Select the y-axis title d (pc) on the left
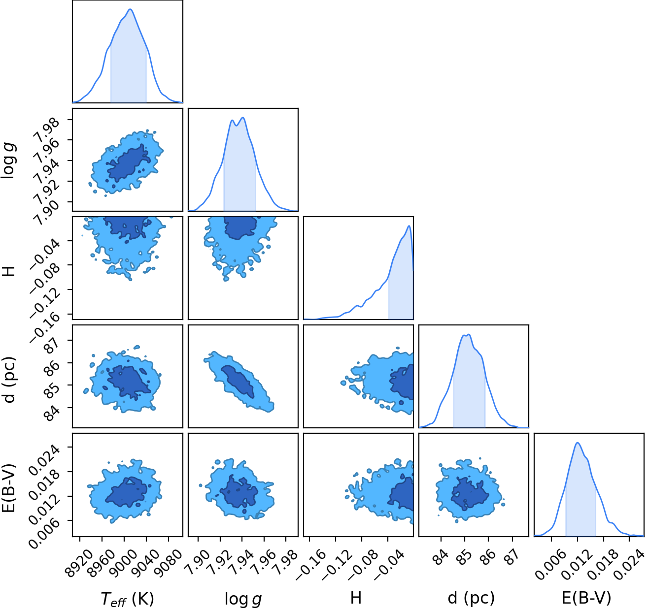point(9,380)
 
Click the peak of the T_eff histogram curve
point(130,9)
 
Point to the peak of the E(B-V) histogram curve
point(578,443)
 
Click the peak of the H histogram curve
point(409,226)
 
